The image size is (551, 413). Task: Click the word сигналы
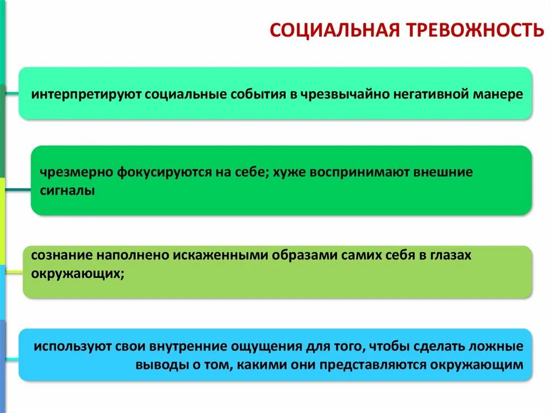pyautogui.click(x=67, y=191)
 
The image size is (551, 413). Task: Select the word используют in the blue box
pyautogui.click(x=72, y=346)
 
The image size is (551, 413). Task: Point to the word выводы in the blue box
pyautogui.click(x=155, y=365)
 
